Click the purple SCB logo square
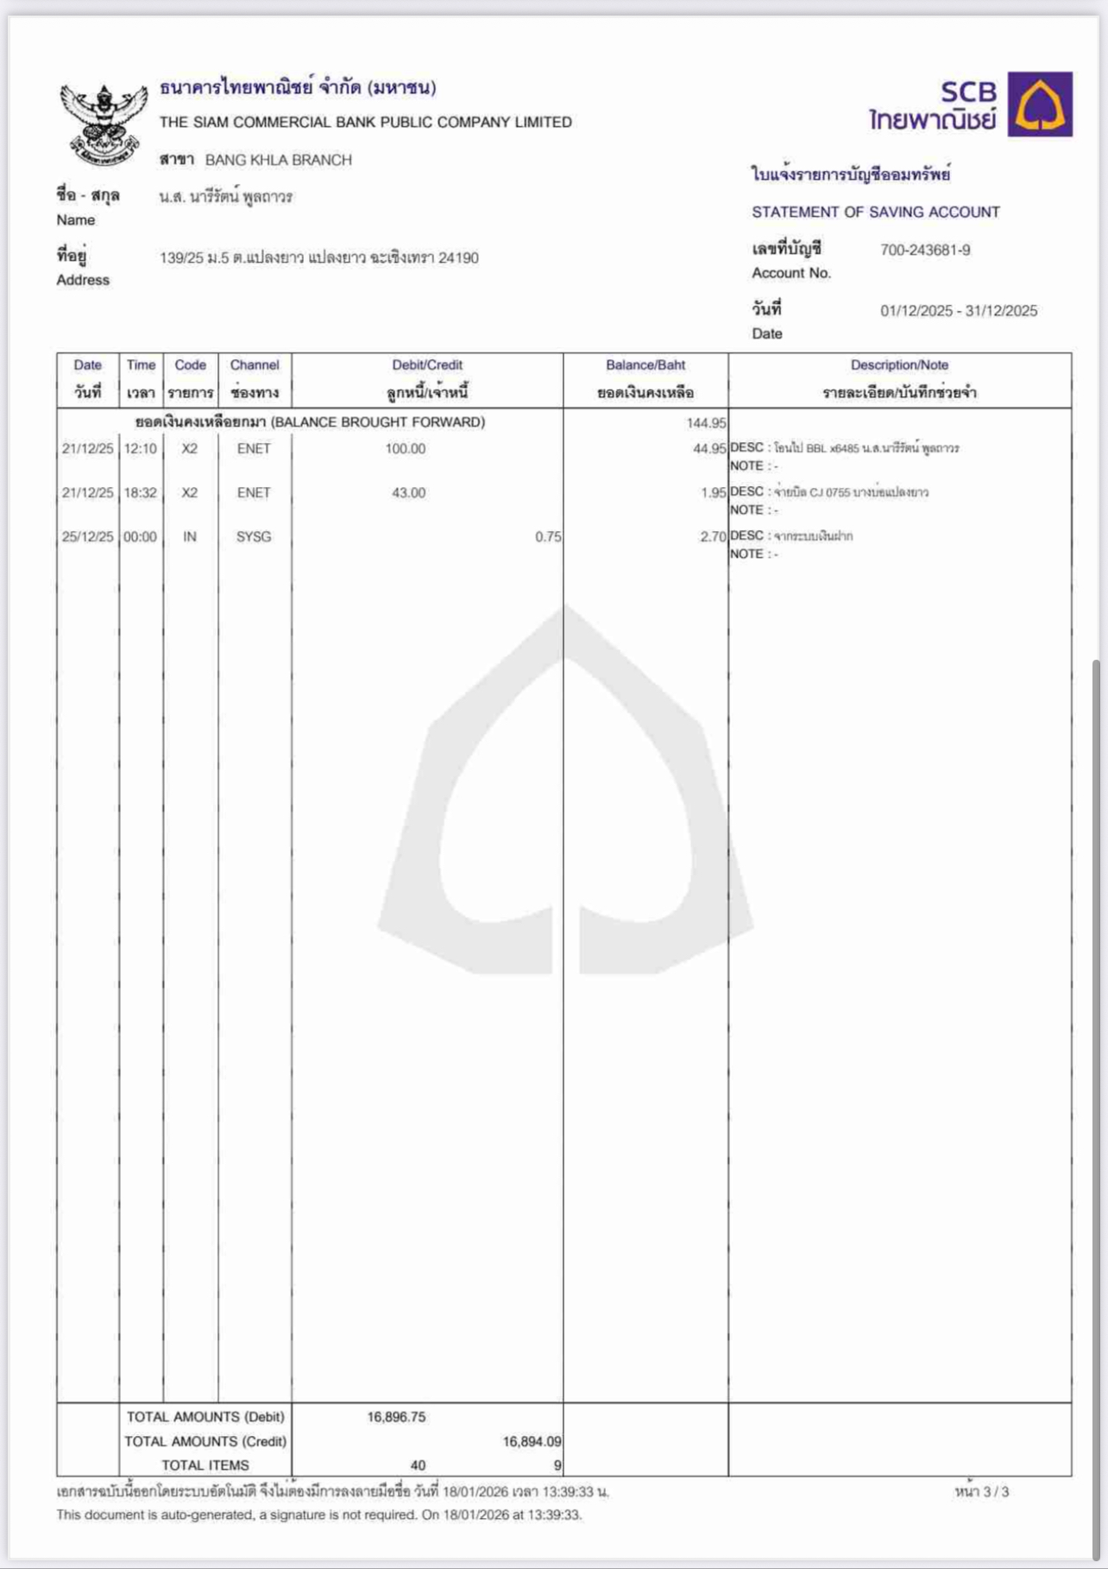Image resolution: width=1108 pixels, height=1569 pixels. click(1040, 104)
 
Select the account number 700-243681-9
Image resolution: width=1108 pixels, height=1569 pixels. click(925, 250)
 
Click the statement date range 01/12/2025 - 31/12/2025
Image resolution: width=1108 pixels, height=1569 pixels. click(959, 311)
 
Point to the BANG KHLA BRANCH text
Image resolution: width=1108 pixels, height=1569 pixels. click(278, 160)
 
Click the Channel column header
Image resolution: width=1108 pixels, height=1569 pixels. click(255, 365)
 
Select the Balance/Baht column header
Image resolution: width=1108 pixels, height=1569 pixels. click(645, 365)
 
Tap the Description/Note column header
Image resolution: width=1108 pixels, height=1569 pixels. click(899, 365)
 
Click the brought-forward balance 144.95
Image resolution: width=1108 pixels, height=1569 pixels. click(706, 423)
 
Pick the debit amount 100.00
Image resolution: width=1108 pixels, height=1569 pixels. click(406, 449)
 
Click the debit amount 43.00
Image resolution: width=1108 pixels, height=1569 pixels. click(408, 493)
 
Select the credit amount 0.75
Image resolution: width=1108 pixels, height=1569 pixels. click(548, 537)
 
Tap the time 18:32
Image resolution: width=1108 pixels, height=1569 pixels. click(141, 493)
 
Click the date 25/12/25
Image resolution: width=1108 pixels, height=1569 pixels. click(87, 537)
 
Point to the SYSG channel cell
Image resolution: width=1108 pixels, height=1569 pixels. click(254, 537)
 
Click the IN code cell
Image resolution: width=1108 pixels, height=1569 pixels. click(190, 537)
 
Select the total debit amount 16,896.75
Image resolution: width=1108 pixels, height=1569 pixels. click(396, 1417)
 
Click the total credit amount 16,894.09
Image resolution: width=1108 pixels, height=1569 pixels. click(532, 1441)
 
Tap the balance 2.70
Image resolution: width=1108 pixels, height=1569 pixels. click(713, 537)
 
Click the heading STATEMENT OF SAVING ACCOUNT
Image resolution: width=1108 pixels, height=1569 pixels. click(876, 212)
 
